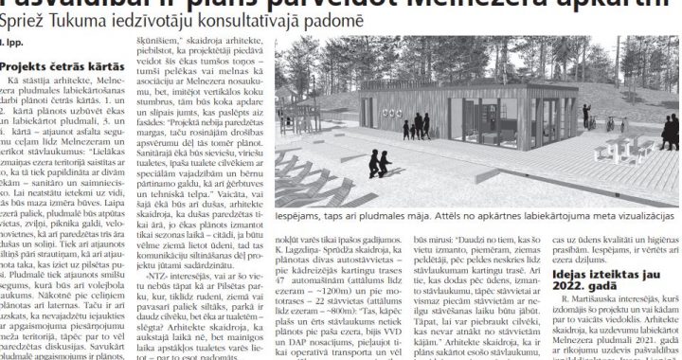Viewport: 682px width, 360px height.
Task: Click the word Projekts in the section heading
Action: point(25,67)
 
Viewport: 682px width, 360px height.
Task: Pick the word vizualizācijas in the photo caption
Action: point(637,216)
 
